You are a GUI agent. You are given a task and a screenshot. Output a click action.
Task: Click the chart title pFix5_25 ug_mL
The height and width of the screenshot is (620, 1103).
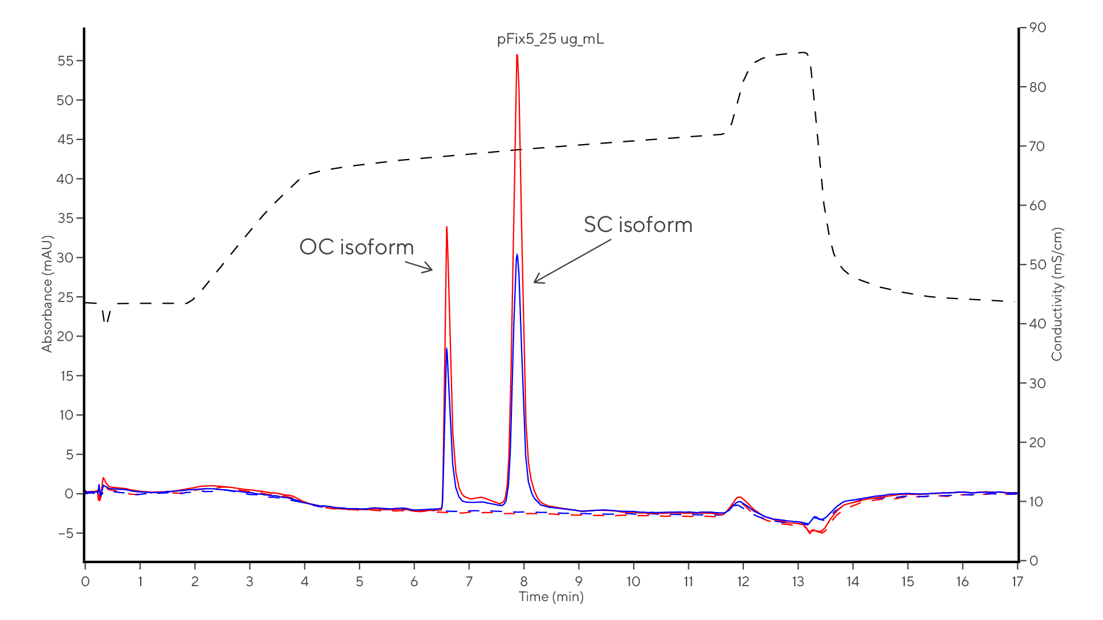(x=550, y=40)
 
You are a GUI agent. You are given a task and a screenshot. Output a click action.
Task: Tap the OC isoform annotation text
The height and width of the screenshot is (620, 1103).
(x=356, y=247)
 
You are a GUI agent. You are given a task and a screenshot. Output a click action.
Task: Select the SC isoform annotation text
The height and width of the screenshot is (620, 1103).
(x=638, y=225)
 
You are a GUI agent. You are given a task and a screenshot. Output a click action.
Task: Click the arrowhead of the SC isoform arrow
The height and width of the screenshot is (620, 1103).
(x=535, y=282)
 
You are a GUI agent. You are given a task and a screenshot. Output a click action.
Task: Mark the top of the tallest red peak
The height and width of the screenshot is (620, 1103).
(x=517, y=56)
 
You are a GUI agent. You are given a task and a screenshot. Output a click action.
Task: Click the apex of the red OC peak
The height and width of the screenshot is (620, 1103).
(x=446, y=228)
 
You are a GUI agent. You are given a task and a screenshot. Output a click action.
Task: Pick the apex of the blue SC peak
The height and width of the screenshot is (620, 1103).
(x=517, y=254)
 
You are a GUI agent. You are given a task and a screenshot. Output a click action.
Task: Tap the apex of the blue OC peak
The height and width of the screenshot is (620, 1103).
(x=446, y=348)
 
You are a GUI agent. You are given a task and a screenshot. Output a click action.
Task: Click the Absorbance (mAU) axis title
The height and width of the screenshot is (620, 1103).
(x=47, y=293)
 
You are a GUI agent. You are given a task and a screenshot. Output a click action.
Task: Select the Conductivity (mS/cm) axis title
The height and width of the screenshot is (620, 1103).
(x=1057, y=294)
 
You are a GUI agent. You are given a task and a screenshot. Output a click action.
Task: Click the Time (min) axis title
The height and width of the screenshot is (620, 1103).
(x=551, y=597)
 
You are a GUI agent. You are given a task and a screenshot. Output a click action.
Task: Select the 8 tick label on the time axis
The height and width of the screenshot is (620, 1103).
(x=523, y=582)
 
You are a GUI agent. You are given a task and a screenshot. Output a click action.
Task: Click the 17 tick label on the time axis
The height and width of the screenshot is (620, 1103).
(x=1017, y=582)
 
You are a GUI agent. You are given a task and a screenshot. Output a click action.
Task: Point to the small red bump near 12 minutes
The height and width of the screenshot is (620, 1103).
(x=741, y=498)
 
